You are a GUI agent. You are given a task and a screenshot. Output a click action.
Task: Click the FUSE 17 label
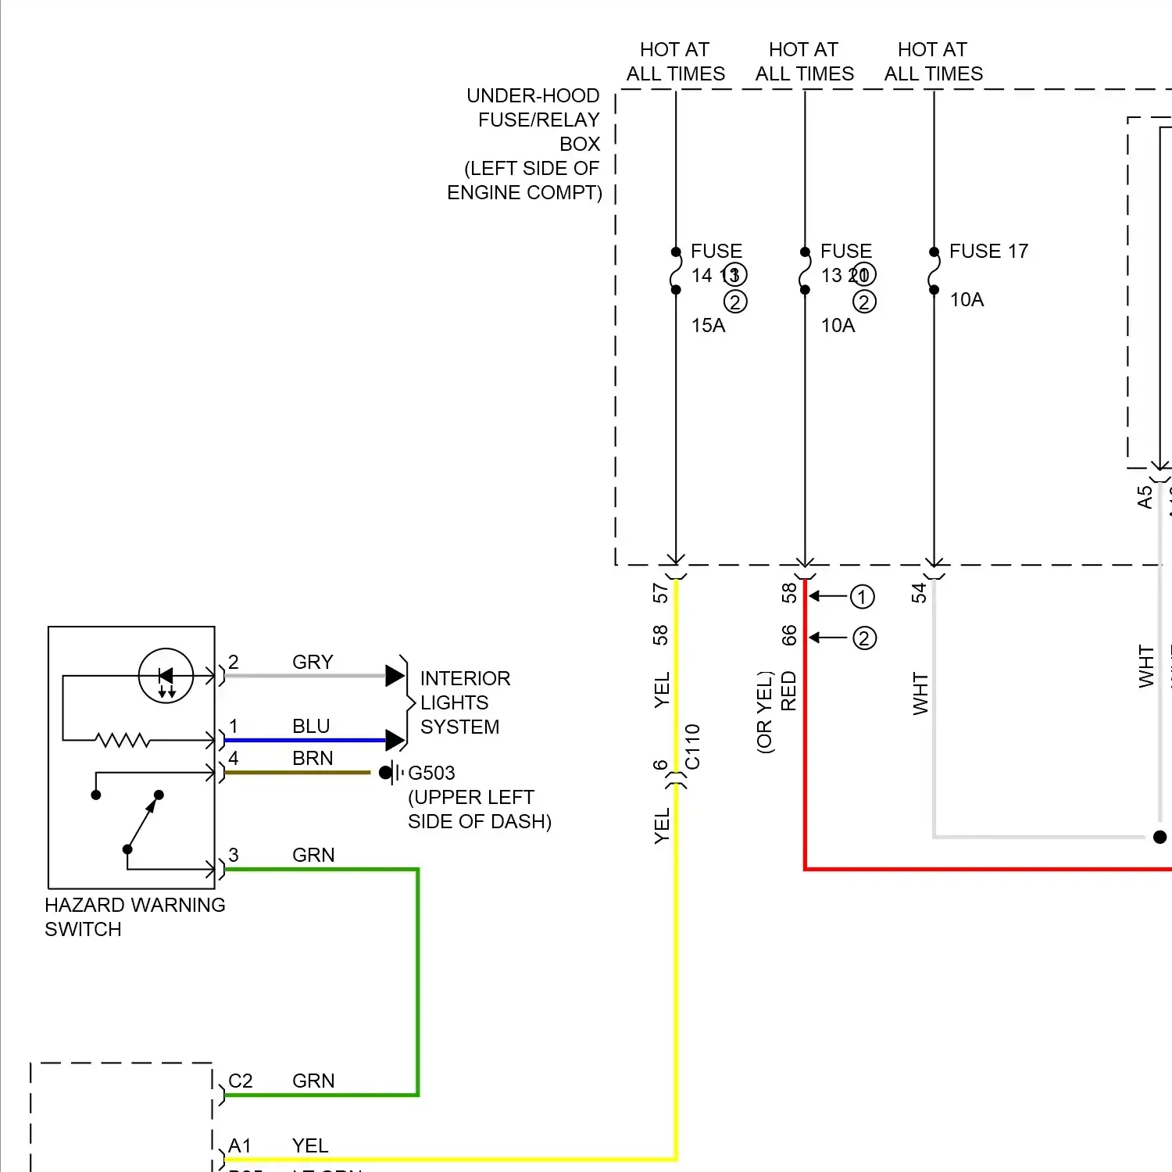[x=988, y=251]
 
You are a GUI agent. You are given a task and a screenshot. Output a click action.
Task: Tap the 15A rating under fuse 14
[x=708, y=325]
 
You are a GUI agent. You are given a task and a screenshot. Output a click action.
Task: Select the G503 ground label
[x=431, y=773]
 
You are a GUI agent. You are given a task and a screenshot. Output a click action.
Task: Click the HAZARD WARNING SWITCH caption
[x=134, y=917]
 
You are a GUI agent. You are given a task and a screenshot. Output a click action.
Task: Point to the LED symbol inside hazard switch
[x=166, y=676]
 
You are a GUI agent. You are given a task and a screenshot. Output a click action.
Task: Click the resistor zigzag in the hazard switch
[x=122, y=739]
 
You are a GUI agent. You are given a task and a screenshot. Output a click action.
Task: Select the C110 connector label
[x=692, y=747]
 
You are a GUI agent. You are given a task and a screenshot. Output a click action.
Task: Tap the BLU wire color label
[x=311, y=726]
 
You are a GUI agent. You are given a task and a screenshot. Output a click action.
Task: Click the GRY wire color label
[x=313, y=662]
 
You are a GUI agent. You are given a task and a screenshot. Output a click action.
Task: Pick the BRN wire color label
[x=313, y=758]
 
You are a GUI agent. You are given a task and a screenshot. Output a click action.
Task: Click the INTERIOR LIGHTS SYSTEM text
[x=464, y=702]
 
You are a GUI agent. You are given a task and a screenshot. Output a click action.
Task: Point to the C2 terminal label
[x=240, y=1081]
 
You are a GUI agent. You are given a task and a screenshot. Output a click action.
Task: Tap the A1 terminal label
[x=239, y=1145]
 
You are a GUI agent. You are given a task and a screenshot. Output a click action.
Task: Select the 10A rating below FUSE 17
[x=967, y=299]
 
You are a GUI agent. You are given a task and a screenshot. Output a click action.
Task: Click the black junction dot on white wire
[x=1159, y=837]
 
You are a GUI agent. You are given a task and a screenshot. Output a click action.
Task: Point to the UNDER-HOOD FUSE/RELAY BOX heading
[x=531, y=144]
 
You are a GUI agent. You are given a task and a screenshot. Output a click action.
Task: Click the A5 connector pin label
[x=1145, y=497]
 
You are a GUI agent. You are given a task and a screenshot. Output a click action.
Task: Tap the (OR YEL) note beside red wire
[x=764, y=712]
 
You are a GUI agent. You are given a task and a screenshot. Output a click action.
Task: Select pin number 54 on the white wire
[x=919, y=592]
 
